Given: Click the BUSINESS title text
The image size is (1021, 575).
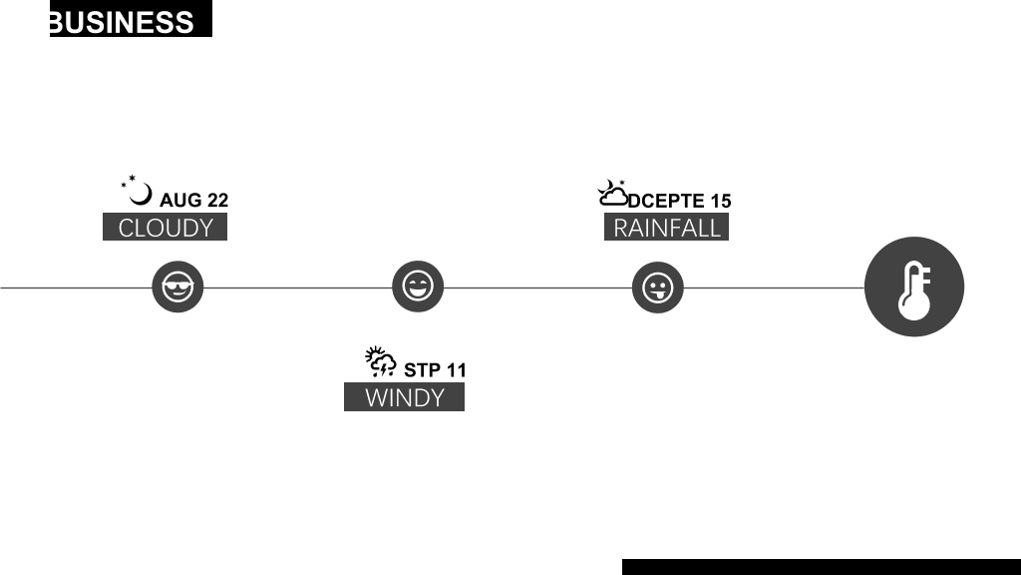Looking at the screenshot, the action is point(122,22).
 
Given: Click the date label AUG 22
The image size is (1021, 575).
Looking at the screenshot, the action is point(194,200).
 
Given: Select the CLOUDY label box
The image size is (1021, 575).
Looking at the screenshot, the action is point(165,227).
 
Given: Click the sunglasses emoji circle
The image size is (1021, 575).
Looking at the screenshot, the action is point(177,287).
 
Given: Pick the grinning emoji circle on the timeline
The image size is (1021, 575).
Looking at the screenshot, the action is point(418,287).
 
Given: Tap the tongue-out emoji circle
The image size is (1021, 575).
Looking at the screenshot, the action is point(658,287).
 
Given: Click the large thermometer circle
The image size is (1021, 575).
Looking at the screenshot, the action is point(914,287).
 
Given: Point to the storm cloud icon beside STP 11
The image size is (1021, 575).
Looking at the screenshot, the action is point(381,361).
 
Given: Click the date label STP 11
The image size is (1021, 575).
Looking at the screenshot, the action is point(435,370).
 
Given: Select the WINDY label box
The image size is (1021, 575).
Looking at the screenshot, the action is point(405,397).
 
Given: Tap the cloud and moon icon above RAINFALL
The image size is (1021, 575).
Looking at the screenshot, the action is point(613,193).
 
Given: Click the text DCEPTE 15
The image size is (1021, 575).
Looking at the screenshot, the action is point(680,201).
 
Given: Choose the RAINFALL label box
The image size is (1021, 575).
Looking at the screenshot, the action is point(666,227).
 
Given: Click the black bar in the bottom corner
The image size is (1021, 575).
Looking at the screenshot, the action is point(822,567).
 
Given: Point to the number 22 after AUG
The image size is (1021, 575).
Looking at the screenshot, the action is point(217,200).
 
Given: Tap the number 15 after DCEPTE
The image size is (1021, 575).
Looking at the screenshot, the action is point(721,201).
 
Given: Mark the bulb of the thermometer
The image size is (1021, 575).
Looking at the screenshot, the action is point(914,306).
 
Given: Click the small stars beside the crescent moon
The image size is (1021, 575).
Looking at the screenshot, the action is point(129,181).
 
